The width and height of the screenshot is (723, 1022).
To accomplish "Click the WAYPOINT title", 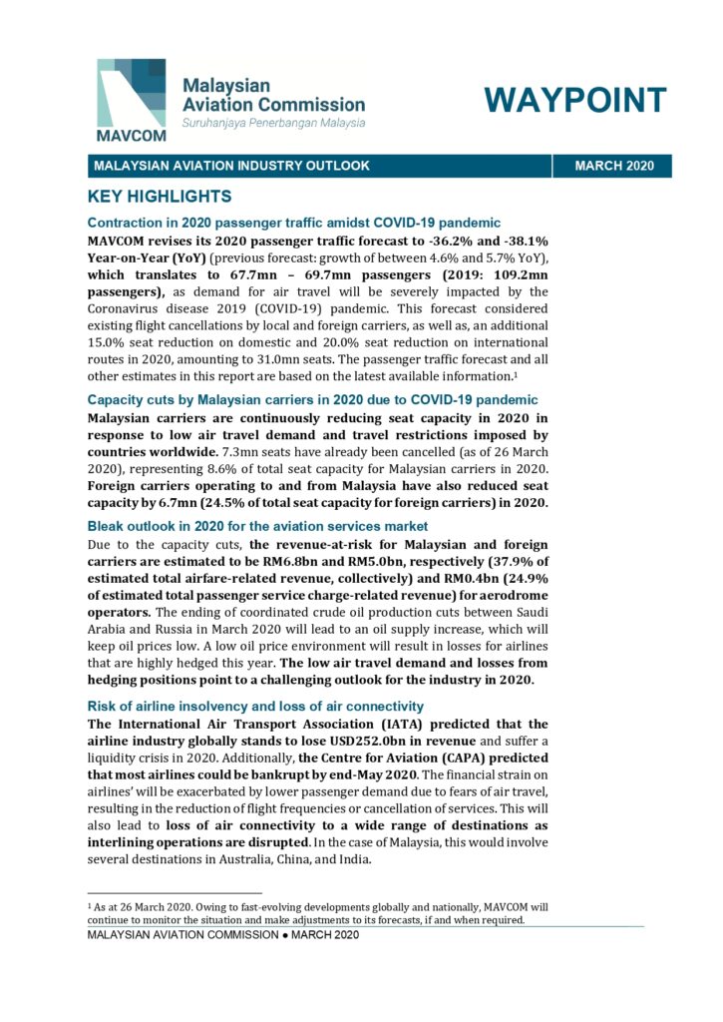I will pyautogui.click(x=574, y=101).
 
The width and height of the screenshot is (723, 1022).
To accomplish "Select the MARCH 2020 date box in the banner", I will pyautogui.click(x=614, y=166).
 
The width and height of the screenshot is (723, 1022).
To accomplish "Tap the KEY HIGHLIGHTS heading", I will pyautogui.click(x=160, y=196).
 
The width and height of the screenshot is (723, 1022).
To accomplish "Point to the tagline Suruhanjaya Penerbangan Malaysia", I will pyautogui.click(x=272, y=123).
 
